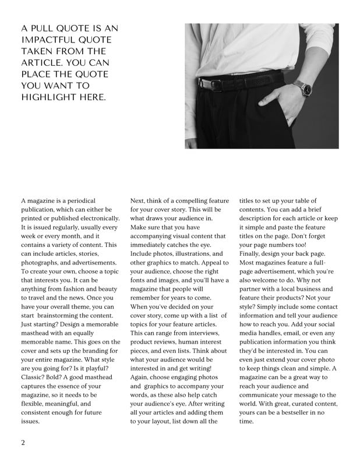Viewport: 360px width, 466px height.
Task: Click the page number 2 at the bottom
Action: [x=23, y=442]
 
